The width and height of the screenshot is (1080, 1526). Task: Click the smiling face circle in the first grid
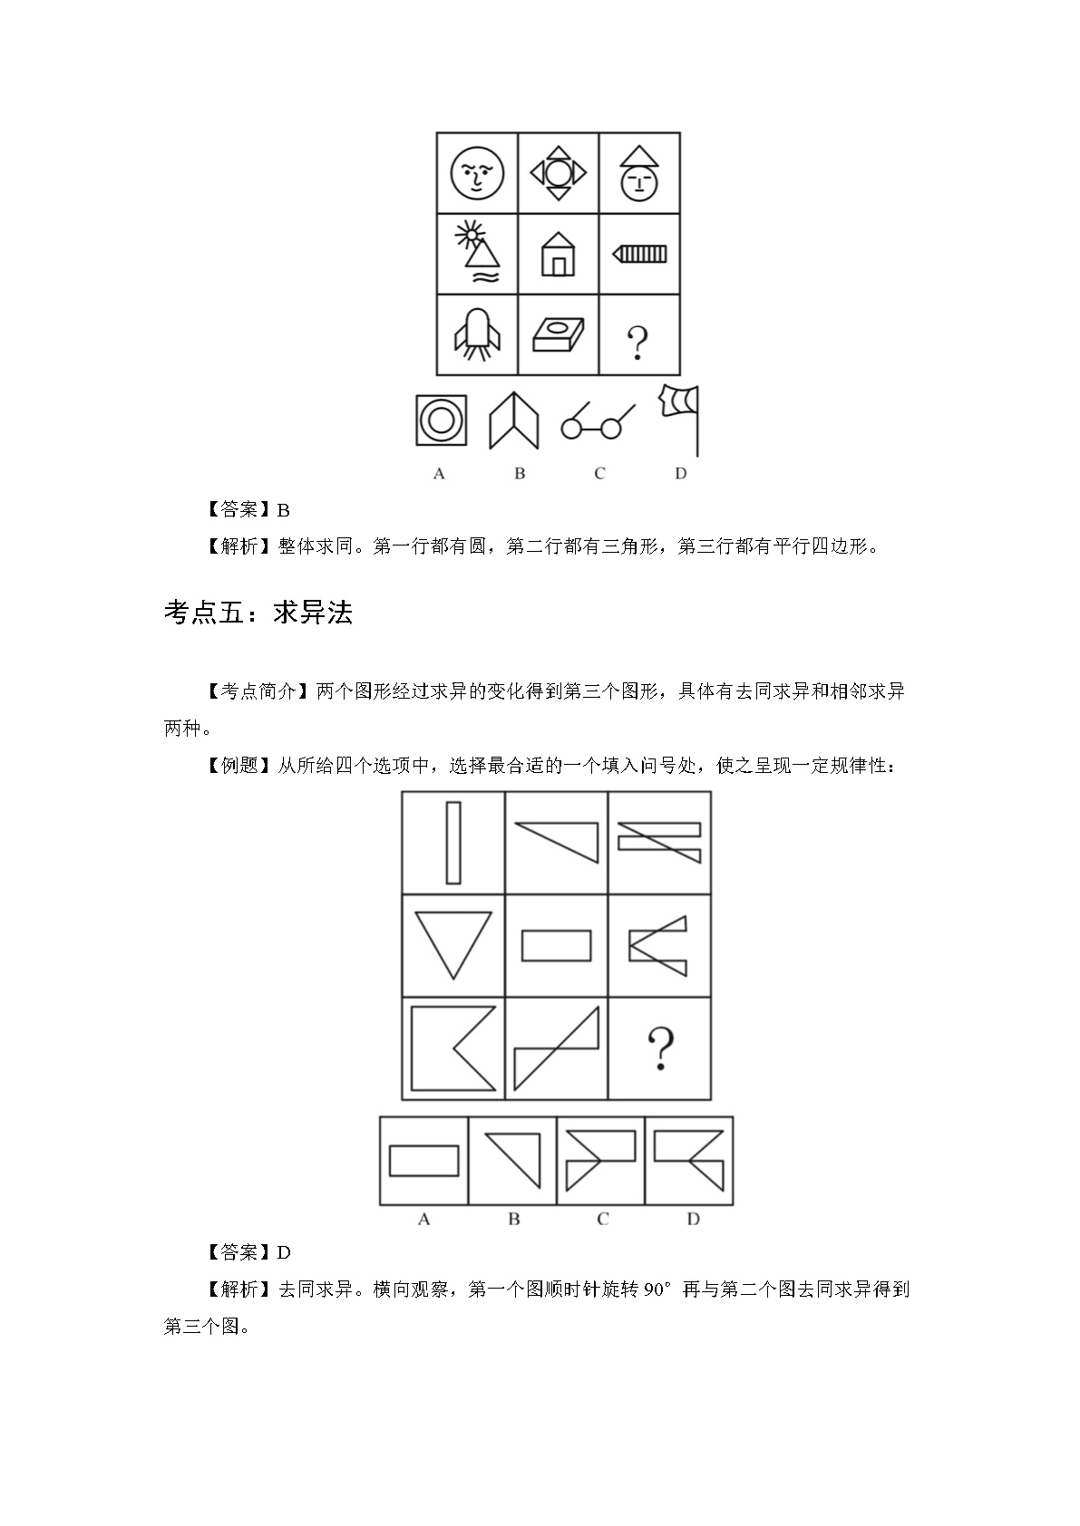(x=477, y=173)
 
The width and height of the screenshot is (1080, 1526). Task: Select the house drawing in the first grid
(x=558, y=254)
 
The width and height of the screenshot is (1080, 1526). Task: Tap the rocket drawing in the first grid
(x=477, y=334)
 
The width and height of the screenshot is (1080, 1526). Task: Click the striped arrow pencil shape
(x=639, y=254)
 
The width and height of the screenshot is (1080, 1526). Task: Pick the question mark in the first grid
(x=637, y=343)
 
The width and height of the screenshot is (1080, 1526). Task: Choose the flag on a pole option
(x=679, y=420)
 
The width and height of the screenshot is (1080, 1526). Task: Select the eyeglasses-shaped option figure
(x=598, y=421)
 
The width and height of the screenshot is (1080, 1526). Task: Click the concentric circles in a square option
(x=441, y=420)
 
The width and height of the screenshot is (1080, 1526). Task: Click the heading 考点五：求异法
(x=258, y=613)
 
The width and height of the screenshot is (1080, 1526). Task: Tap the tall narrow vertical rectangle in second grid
(x=453, y=843)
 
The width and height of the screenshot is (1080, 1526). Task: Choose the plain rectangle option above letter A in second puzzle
(x=424, y=1161)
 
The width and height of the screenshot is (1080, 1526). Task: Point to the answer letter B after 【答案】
(x=284, y=510)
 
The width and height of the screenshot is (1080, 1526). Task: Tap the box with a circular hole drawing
(x=558, y=334)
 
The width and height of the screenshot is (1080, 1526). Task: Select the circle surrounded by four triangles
(x=559, y=173)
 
